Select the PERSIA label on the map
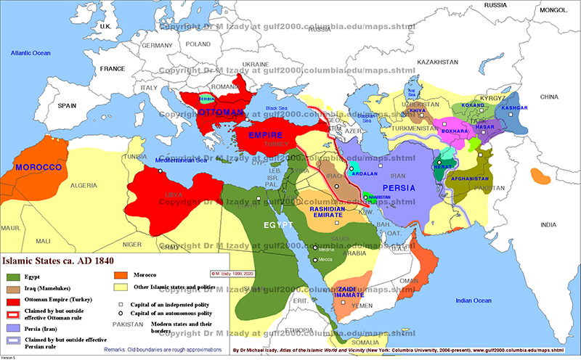[399, 188]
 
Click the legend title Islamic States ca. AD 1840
[59, 259]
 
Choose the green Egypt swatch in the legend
[12, 277]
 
